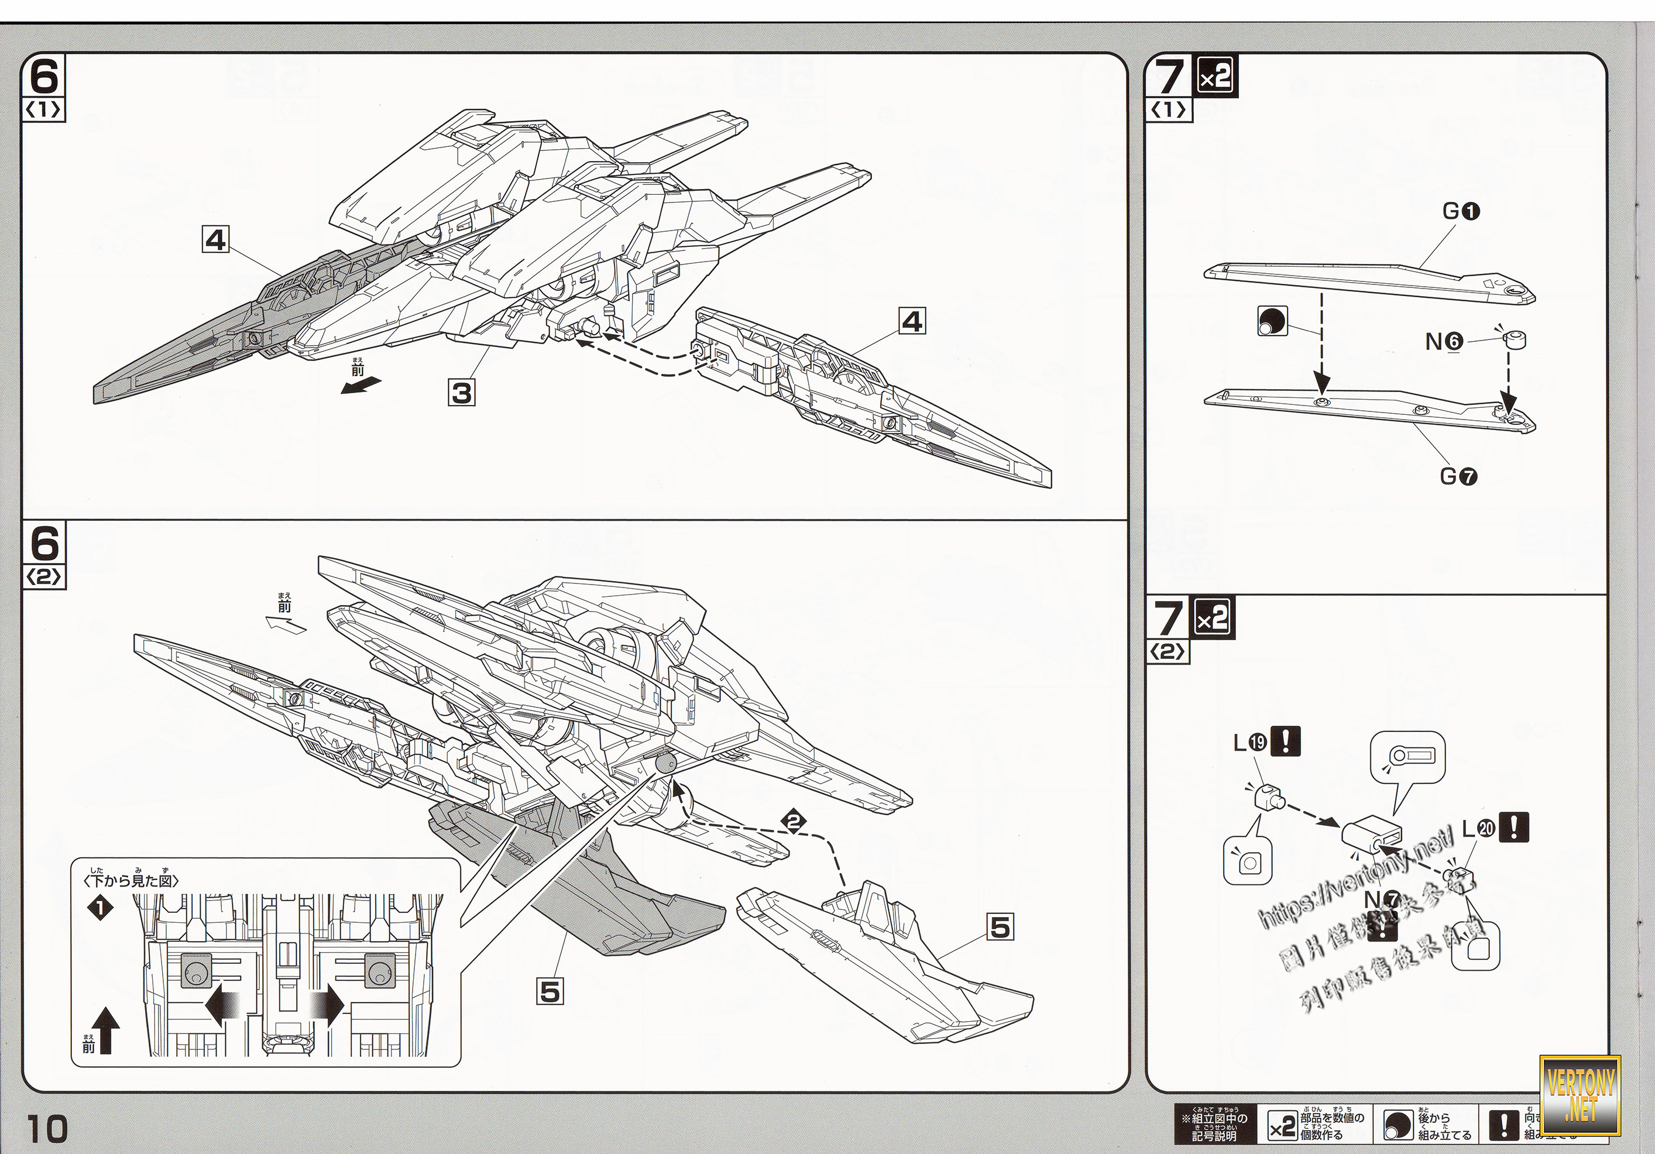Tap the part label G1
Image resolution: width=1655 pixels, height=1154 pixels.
[x=1461, y=211]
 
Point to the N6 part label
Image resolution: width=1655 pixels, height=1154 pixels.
[x=1444, y=342]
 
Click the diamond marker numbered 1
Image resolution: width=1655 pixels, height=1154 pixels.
[x=100, y=909]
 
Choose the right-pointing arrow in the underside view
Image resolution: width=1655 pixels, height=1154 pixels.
[x=328, y=1006]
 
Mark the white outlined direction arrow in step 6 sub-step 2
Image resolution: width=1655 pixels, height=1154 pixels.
[x=286, y=625]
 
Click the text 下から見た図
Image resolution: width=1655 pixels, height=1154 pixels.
[x=132, y=880]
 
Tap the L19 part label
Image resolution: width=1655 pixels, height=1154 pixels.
[x=1250, y=743]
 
